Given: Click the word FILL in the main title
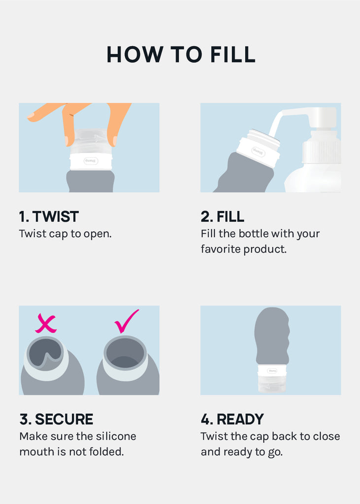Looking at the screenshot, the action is coord(233,54).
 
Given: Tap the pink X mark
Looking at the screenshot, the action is coord(46,323).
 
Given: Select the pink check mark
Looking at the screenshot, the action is coord(127,321).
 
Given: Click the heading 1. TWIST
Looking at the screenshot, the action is coord(49,217).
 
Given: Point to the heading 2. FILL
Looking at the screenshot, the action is coord(222,217).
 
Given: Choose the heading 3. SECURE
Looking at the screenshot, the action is coord(56,419).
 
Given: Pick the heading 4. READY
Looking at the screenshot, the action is coord(232,419).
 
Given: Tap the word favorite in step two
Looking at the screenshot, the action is coord(221,249).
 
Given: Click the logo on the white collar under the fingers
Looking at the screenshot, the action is coord(91,161).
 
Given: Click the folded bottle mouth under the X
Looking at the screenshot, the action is coord(45,353).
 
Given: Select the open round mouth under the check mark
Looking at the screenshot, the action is coord(125,353).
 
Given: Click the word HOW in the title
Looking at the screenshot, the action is coord(135,54).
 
